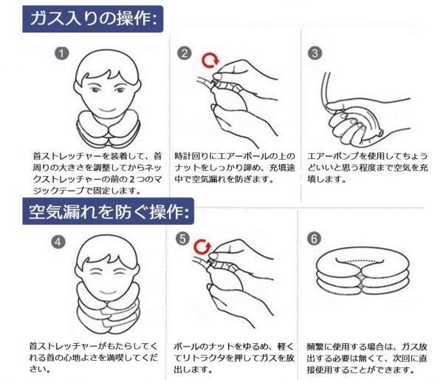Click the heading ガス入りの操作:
tap(93, 18)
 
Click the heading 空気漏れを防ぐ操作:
tap(109, 211)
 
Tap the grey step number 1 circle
tap(62, 53)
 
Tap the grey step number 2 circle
tap(184, 53)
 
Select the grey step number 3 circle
tap(315, 52)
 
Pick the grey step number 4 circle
tap(58, 242)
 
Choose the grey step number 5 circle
tap(183, 239)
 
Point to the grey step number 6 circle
tap(315, 239)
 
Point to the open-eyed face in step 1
tap(107, 85)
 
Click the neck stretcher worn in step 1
tap(109, 129)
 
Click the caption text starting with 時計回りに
tap(235, 168)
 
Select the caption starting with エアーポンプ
tap(367, 168)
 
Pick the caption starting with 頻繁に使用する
tap(367, 358)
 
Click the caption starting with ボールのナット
tap(234, 358)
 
